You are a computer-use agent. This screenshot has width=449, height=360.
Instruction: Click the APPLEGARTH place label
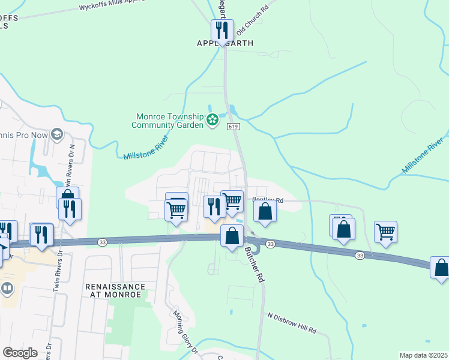(225, 43)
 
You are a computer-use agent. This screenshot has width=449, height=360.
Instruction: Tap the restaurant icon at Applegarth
(221, 30)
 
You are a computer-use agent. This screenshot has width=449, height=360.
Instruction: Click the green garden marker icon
(212, 121)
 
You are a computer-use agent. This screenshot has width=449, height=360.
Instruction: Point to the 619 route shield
(234, 127)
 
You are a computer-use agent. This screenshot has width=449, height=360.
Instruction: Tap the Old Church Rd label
(252, 20)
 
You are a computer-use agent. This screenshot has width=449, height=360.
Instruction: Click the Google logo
(20, 353)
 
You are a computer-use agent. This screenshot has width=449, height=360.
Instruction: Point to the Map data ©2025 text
(423, 355)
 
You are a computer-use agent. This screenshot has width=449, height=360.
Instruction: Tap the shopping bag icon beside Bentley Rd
(265, 211)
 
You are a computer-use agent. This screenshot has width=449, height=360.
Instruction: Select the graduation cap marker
(58, 133)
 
